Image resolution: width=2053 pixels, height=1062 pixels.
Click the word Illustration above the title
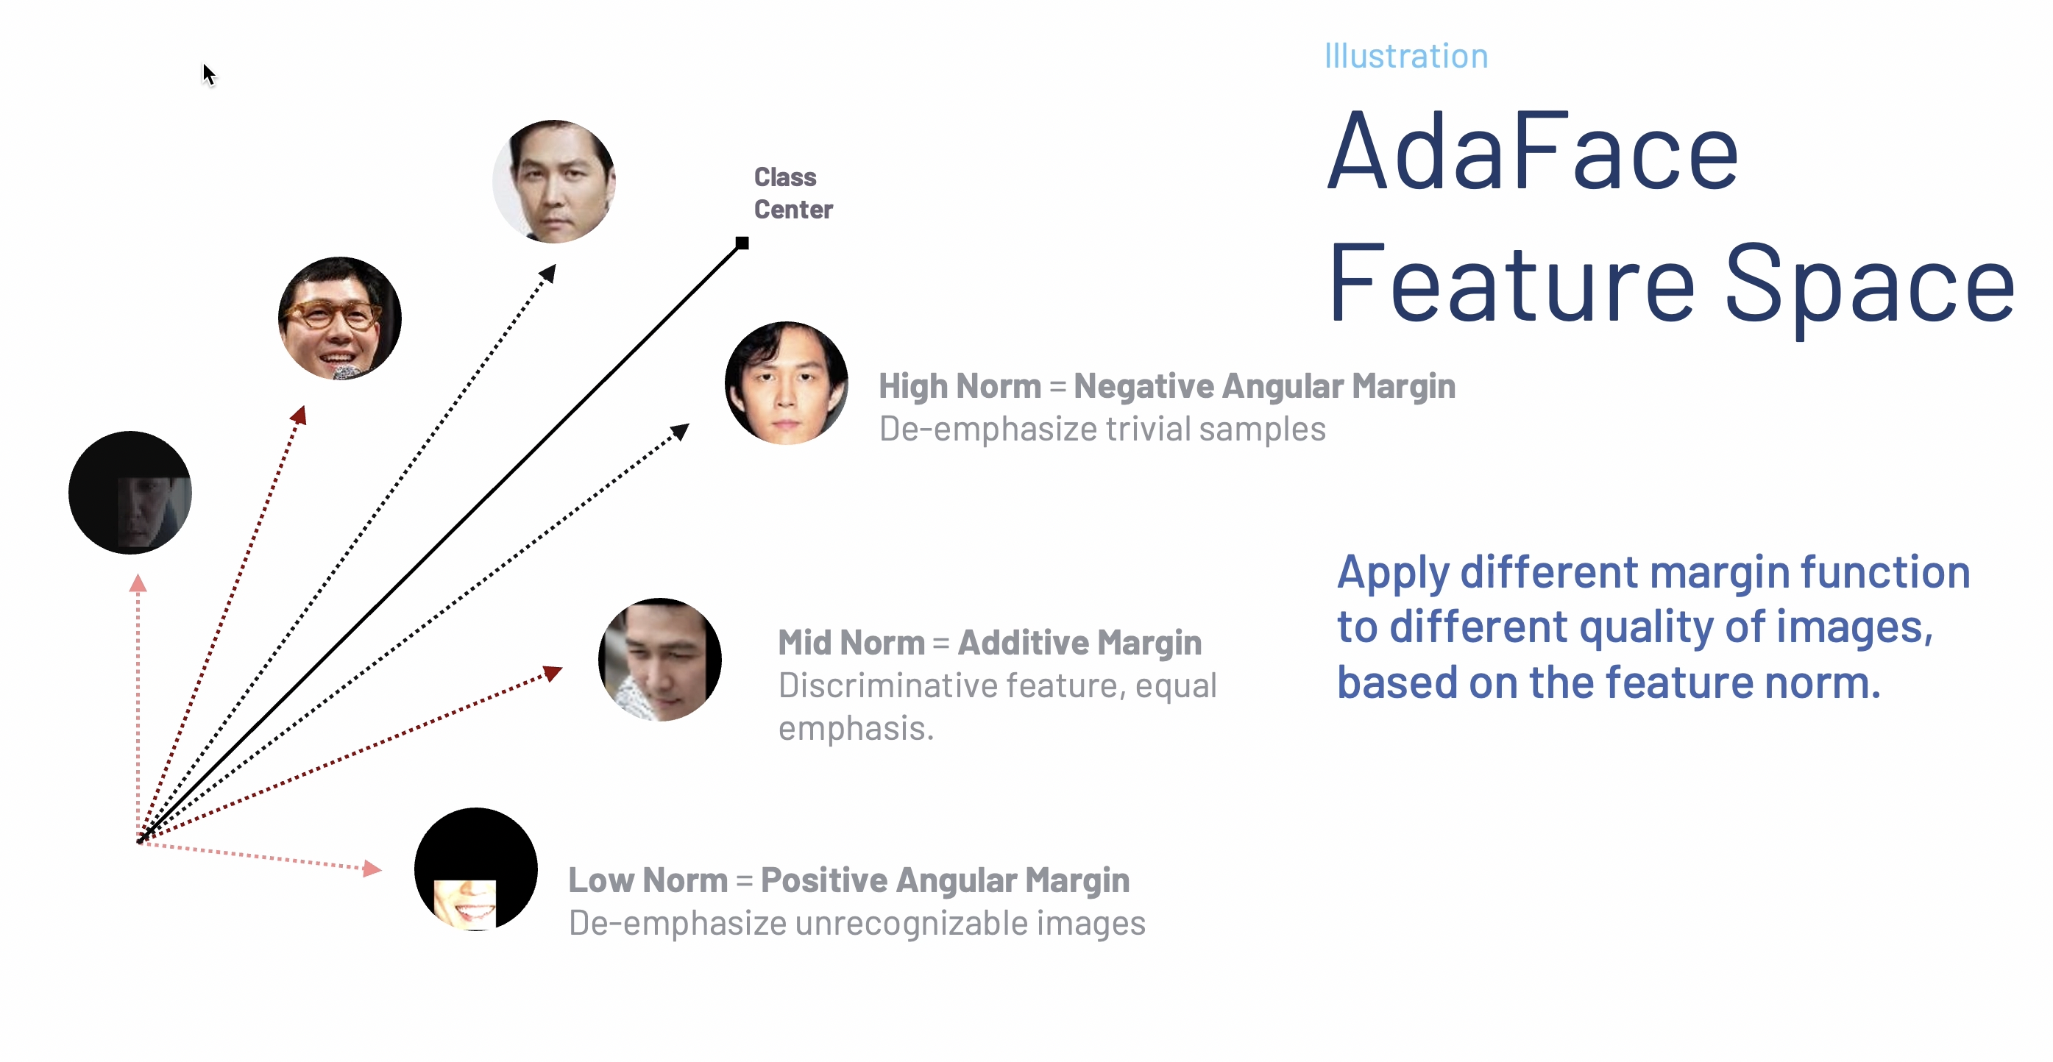(x=1406, y=56)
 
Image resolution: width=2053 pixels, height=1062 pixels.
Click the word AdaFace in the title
(x=1532, y=152)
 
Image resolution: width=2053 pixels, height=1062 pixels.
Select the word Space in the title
(x=1870, y=286)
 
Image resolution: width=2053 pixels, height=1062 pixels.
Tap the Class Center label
(x=793, y=193)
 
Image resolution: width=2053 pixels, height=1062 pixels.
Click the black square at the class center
(x=742, y=243)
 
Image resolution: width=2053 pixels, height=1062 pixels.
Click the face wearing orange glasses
(x=339, y=318)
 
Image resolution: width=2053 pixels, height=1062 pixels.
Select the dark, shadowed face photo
(x=130, y=492)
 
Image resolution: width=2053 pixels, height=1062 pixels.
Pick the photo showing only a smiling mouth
(x=476, y=869)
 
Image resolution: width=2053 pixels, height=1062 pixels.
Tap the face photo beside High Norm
(x=786, y=382)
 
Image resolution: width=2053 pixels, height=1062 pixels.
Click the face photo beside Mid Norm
(x=660, y=660)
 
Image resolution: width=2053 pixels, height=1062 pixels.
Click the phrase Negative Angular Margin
(x=1264, y=386)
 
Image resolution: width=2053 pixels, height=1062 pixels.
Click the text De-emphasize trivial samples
(x=1102, y=430)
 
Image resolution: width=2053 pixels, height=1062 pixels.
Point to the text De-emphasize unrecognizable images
(x=857, y=924)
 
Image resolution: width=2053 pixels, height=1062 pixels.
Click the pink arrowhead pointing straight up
(x=138, y=583)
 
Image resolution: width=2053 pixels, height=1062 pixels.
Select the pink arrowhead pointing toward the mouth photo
(x=372, y=868)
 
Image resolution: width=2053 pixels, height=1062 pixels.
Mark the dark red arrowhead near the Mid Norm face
(x=553, y=673)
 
